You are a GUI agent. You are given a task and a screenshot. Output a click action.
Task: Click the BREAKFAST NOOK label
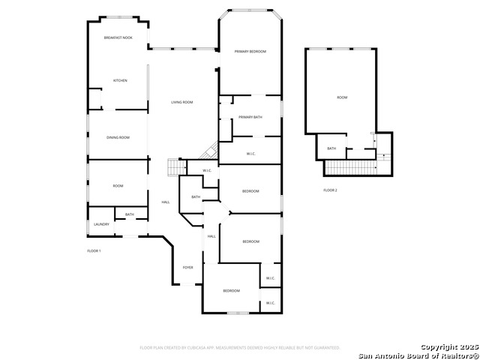(118, 37)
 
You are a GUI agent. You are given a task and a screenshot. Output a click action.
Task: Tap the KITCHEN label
(120, 80)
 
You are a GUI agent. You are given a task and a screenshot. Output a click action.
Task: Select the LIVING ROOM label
(182, 102)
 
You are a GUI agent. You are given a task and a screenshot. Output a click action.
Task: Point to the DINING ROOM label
(118, 137)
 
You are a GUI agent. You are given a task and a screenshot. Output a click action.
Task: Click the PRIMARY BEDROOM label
(250, 51)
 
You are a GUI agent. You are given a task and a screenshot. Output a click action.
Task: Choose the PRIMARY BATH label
(250, 117)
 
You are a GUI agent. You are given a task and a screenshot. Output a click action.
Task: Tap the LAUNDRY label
(101, 224)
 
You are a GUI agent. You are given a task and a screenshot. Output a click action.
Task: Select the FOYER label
(188, 267)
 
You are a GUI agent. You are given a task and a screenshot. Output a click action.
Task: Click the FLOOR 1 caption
(94, 250)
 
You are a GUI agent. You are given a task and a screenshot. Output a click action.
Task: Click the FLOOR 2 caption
(330, 190)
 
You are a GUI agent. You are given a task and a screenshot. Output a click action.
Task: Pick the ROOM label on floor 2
(342, 97)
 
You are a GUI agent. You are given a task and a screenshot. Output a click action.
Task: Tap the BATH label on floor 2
(331, 148)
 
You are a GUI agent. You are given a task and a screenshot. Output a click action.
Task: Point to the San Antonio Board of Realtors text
(418, 355)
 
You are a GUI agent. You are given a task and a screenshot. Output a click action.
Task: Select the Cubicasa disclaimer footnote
(240, 348)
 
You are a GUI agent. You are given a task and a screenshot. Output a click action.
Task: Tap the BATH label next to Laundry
(130, 214)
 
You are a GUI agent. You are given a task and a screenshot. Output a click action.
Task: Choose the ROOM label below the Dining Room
(118, 186)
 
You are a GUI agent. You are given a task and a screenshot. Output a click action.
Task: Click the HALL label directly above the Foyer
(211, 236)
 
